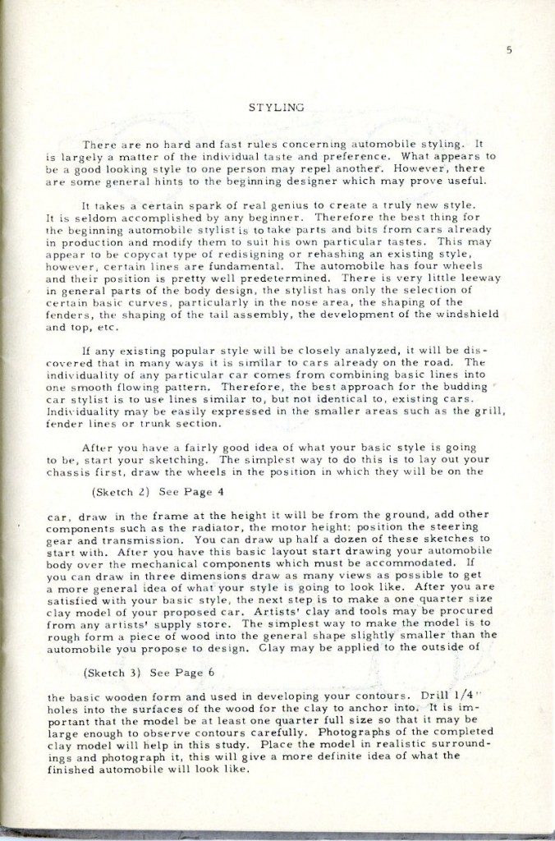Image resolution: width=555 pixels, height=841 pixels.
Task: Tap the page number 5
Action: click(x=509, y=51)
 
